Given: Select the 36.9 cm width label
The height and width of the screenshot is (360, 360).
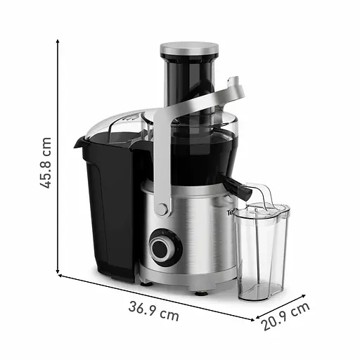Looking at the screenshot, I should click(153, 310).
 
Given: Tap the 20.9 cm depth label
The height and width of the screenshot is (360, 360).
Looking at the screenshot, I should click(286, 317).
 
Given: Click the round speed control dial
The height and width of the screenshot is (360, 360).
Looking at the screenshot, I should click(164, 248).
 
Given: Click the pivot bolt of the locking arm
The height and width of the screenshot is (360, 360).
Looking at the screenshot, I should click(162, 210).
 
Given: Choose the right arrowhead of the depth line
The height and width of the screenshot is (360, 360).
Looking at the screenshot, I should click(310, 298).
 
